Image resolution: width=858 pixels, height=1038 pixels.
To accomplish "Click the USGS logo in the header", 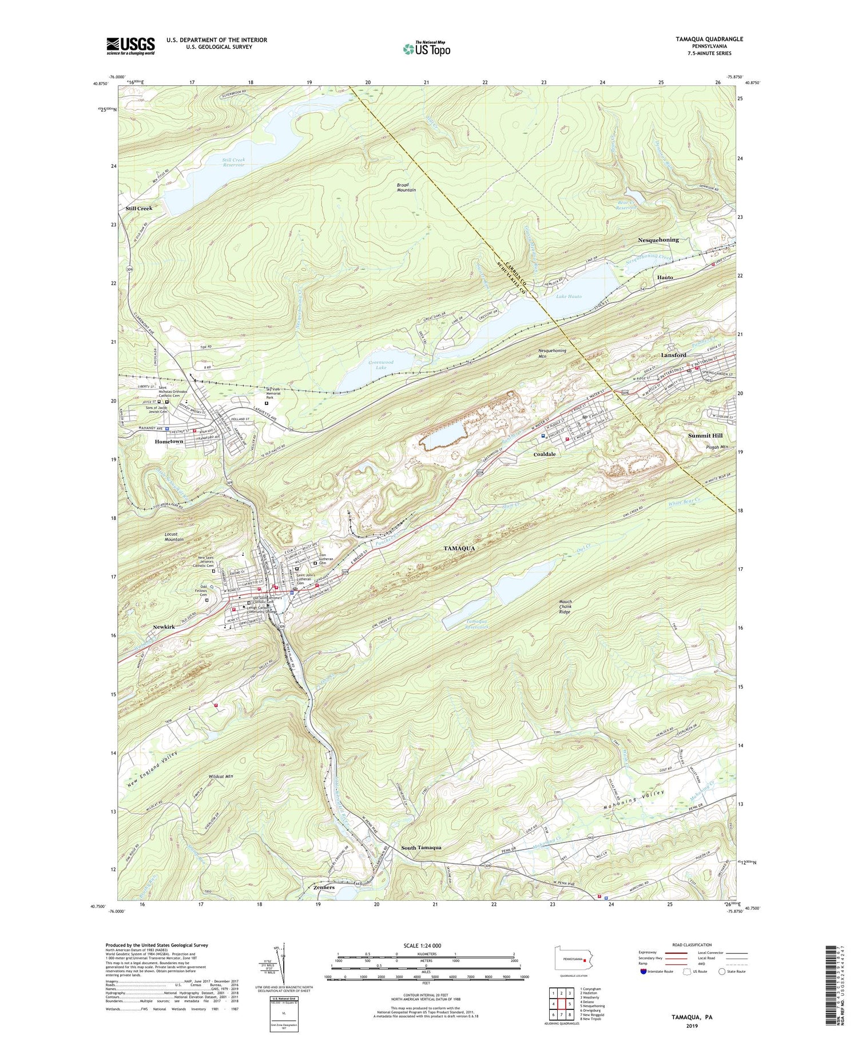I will [130, 46].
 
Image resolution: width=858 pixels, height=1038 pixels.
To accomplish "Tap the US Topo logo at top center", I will [426, 49].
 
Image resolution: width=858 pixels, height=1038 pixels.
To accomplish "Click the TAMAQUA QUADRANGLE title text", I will [701, 39].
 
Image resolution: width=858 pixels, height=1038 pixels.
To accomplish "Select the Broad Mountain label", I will [406, 187].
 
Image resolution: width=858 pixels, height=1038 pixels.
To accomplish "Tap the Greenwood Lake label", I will [381, 364].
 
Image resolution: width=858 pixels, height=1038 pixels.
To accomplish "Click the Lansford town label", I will [673, 355].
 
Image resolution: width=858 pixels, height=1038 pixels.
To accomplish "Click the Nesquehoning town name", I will [658, 240].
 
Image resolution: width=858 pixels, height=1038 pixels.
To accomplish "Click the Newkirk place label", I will [164, 627].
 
